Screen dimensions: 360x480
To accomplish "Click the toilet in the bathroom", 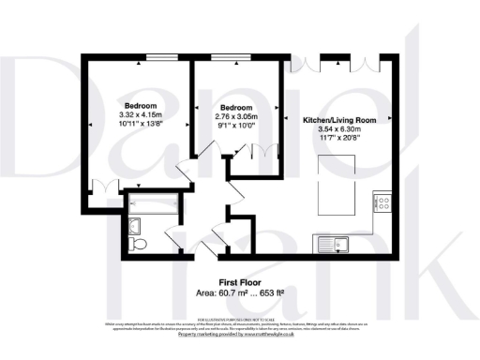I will pos(137,243).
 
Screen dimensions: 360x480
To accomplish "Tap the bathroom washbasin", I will pos(133,224).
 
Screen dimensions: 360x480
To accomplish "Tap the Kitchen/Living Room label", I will pos(340,121).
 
